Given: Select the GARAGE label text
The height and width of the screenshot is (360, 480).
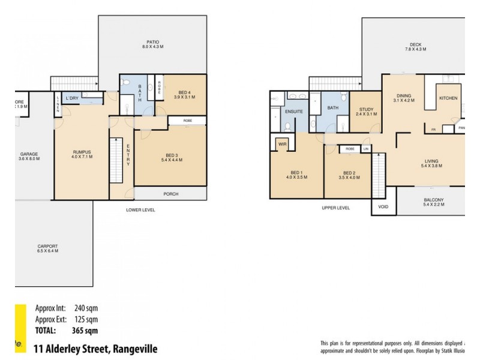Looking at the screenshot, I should (29, 154).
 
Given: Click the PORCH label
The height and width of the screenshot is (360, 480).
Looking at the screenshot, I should (171, 194).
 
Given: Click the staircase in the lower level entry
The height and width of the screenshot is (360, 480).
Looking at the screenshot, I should (115, 161).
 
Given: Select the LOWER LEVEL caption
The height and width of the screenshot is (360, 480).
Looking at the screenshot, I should (140, 210).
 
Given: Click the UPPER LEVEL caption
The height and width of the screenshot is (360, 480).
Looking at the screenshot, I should (335, 208).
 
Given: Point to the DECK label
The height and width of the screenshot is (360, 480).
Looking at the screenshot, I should (416, 44).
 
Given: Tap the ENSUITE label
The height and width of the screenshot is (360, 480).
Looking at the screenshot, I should (293, 112).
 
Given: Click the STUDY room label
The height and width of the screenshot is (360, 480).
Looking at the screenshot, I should (366, 109).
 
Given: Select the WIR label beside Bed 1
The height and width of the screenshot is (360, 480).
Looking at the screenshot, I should (281, 144).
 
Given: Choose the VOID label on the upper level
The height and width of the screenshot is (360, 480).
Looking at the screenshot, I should (383, 207).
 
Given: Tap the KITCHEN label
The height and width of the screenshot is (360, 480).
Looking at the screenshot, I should (448, 98).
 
